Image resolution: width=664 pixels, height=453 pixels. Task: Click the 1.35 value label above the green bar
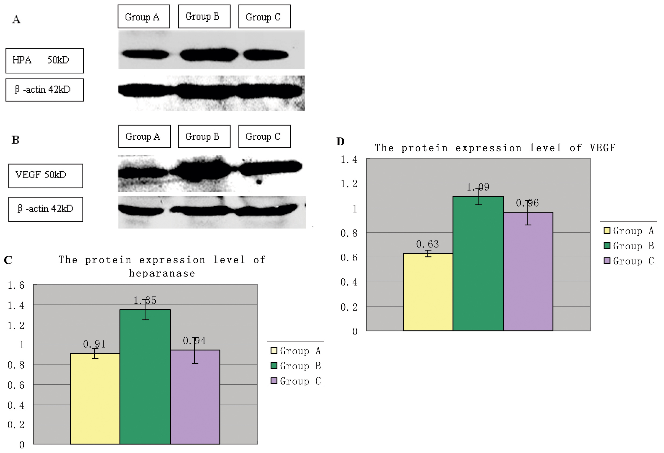(x=145, y=300)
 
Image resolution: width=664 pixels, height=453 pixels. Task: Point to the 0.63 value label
(x=427, y=244)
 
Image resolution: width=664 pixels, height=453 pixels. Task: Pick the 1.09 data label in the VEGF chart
(x=478, y=187)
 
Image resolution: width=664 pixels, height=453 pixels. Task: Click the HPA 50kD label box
(x=45, y=61)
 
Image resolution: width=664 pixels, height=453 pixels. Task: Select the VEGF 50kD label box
(x=46, y=176)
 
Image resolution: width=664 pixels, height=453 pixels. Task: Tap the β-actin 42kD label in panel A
(x=45, y=90)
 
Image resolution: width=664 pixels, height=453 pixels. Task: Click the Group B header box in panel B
(x=204, y=136)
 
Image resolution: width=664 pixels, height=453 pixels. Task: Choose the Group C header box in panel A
(x=264, y=17)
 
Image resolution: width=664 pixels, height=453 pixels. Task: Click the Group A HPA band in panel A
(x=145, y=54)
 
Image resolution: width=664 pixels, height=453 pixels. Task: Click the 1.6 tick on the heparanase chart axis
(x=16, y=285)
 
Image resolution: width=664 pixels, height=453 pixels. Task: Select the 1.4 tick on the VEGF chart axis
(x=349, y=159)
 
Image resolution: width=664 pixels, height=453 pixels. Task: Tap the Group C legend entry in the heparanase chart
(x=296, y=381)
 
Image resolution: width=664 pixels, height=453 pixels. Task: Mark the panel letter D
(x=340, y=141)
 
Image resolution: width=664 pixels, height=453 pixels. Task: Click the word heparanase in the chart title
(x=162, y=273)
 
